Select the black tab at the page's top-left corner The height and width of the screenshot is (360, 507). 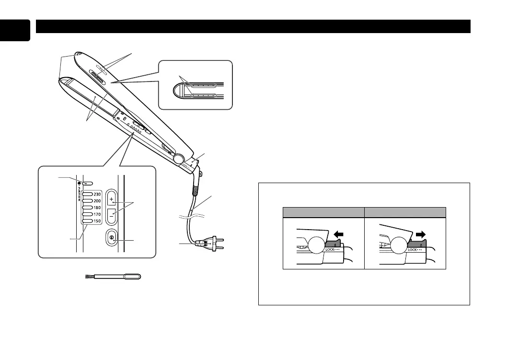(14, 30)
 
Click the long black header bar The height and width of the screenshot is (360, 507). (253, 26)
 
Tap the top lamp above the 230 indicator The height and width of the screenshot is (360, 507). (87, 183)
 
